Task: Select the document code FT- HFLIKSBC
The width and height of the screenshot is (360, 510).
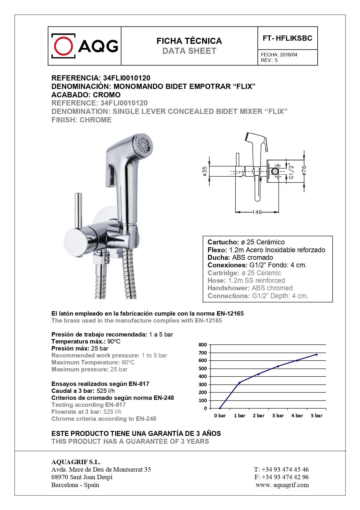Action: [x=287, y=38]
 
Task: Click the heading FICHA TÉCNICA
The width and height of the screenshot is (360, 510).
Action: [x=189, y=41]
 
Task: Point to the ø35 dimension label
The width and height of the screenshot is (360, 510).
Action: [x=204, y=171]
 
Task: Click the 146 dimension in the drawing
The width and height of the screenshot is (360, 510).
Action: [x=257, y=212]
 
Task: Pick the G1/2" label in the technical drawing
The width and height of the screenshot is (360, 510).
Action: [x=291, y=171]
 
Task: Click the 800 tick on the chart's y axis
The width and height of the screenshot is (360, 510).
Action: [x=203, y=345]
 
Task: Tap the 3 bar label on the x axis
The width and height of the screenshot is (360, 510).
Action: [x=278, y=416]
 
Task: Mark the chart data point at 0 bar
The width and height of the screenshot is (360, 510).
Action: [x=220, y=408]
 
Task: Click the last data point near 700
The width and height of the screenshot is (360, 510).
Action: [x=316, y=355]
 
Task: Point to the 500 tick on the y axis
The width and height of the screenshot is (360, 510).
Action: [x=203, y=368]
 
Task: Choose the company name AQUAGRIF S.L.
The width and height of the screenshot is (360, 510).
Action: [x=76, y=462]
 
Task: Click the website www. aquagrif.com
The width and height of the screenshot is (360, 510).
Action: [x=282, y=485]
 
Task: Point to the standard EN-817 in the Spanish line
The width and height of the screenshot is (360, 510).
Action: [x=139, y=384]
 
